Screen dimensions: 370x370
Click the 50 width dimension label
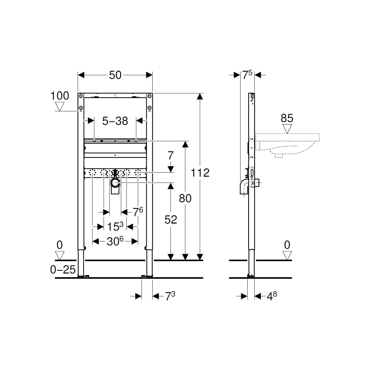[115, 75]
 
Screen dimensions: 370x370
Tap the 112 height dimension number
[200, 173]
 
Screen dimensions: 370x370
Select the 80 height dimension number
[185, 198]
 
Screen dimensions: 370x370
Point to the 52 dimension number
[171, 219]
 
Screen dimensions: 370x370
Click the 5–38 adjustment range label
[115, 121]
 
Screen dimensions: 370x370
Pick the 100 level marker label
[60, 96]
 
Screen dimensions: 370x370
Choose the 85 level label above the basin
[287, 118]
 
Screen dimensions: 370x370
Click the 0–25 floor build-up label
[63, 270]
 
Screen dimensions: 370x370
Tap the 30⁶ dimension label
[115, 241]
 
